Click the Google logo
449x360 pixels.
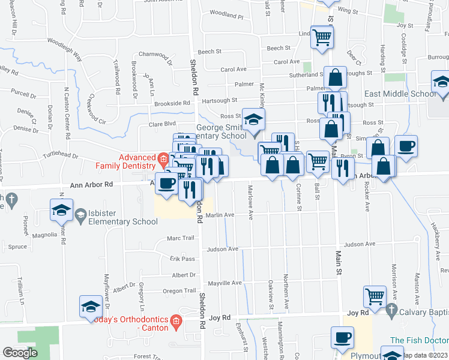click(x=20, y=353)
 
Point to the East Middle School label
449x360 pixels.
click(x=400, y=94)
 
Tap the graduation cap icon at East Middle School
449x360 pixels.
click(x=441, y=82)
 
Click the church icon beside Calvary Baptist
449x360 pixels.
click(x=391, y=311)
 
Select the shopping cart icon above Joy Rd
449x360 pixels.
click(x=375, y=295)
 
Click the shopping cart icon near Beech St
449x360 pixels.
click(x=322, y=37)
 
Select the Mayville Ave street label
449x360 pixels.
click(x=225, y=283)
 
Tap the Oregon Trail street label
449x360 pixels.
click(x=179, y=291)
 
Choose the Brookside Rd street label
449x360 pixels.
click(x=155, y=103)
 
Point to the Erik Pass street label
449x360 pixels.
click(x=182, y=259)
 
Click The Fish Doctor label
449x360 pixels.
click(x=419, y=339)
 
